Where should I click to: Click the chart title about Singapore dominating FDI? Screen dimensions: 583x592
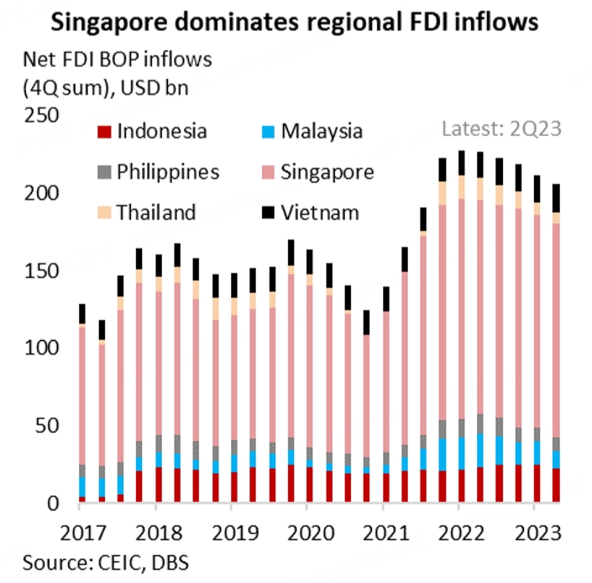295,22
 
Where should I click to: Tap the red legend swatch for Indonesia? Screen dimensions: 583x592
104,132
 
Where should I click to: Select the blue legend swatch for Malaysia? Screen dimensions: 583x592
267,132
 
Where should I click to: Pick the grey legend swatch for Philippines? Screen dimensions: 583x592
104,172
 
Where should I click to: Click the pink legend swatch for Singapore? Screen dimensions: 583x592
267,172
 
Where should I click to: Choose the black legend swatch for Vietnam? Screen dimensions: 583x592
267,213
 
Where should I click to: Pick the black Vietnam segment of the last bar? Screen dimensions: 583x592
555,198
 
